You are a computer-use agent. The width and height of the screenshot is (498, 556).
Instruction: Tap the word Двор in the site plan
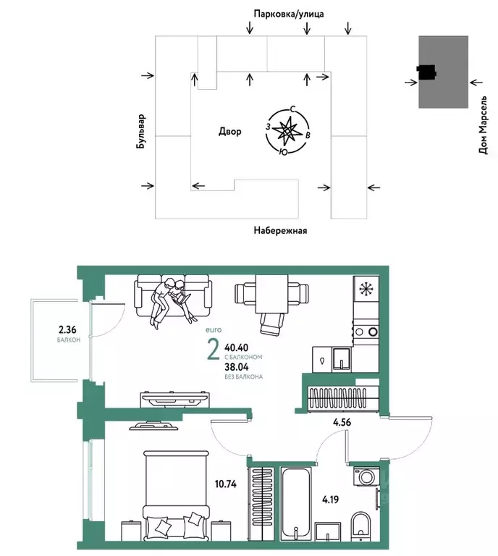229,132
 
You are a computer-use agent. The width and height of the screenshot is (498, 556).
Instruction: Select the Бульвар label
141,132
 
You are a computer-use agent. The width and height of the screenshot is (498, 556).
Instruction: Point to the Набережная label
280,231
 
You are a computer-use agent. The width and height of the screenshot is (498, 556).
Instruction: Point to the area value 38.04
240,367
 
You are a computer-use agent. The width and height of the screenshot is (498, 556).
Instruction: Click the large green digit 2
214,350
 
